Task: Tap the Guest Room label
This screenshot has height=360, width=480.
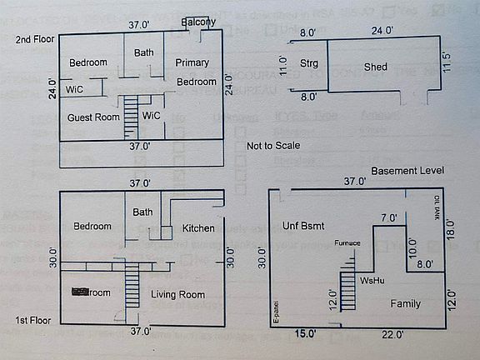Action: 94,117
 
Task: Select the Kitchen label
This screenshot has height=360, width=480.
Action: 198,228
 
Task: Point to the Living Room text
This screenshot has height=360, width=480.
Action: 177,294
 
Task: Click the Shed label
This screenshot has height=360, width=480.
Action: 376,67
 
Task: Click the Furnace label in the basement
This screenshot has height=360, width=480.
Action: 347,243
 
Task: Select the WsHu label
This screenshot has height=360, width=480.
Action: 371,282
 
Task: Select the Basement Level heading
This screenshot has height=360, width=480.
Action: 407,170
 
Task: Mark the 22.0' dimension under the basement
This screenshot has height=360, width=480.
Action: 393,334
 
